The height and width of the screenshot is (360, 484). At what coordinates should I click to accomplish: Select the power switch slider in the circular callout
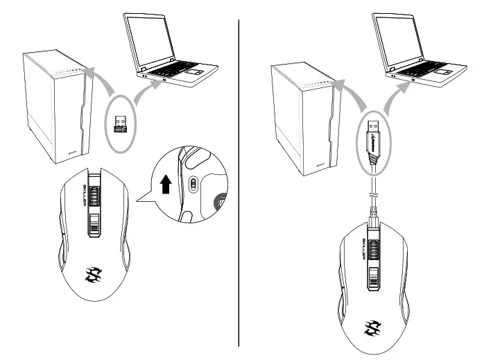[x=192, y=185]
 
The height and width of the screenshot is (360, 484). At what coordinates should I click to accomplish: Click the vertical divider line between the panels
[x=239, y=180]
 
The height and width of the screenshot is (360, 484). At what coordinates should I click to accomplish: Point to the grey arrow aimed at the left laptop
[x=141, y=93]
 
